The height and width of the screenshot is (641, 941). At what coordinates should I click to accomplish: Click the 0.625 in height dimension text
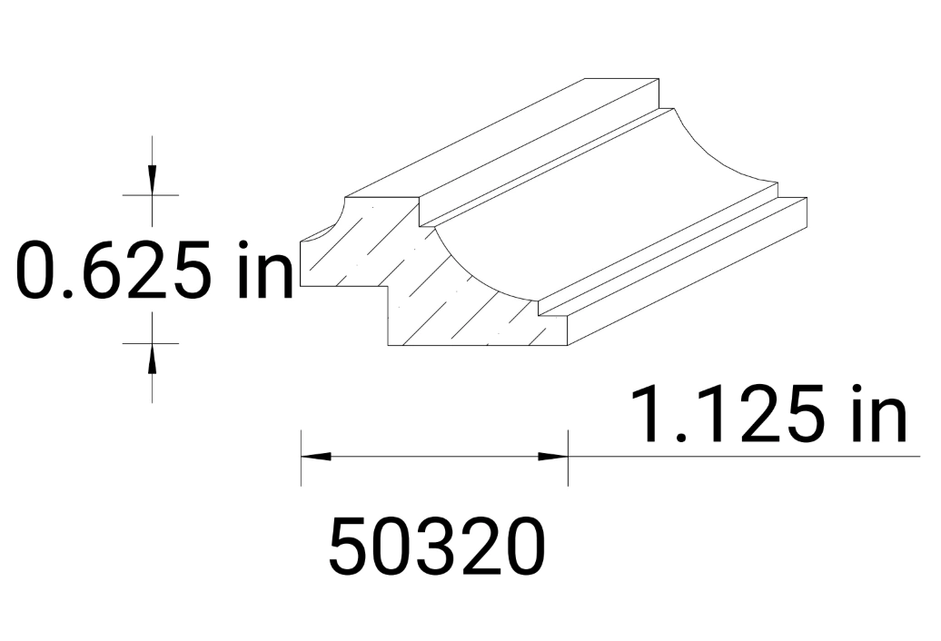[154, 270]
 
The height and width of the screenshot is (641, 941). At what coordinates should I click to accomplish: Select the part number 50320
[437, 547]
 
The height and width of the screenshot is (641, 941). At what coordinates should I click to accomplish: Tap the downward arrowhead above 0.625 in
[152, 180]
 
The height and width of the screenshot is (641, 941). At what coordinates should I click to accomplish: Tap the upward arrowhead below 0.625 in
[152, 358]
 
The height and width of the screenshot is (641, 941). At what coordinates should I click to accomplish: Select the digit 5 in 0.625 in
[203, 270]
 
